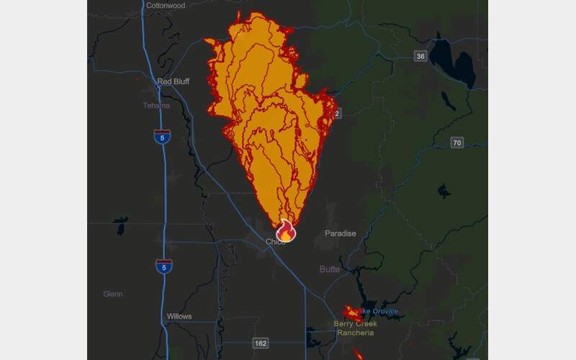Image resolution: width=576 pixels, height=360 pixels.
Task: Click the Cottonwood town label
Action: [165, 6]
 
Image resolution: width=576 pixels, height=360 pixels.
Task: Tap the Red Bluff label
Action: [173, 81]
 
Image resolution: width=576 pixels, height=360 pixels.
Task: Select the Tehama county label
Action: [156, 106]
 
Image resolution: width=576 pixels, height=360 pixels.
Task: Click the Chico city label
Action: [274, 241]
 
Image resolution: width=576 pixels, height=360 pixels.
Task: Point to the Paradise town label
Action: [340, 233]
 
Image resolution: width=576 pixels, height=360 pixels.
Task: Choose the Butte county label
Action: [330, 269]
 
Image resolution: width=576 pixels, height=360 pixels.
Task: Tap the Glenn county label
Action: [112, 294]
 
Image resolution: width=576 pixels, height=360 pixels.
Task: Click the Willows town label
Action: [179, 317]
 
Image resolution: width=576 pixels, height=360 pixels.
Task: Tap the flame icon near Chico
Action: [286, 230]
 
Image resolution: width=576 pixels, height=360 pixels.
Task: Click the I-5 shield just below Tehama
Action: [163, 137]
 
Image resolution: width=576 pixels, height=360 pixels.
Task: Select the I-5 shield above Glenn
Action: [163, 266]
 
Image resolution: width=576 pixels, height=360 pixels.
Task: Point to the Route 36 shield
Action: [420, 55]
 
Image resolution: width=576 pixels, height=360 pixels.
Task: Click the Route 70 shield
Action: [457, 143]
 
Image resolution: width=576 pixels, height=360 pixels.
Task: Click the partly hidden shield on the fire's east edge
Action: [338, 114]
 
